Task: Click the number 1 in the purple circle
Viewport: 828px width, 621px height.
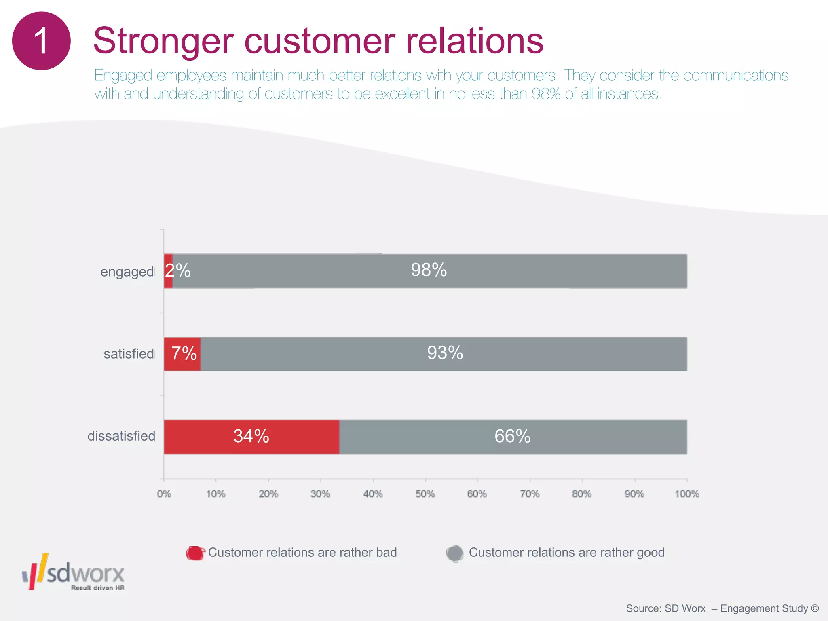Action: (x=41, y=41)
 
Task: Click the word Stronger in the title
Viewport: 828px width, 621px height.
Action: (x=163, y=41)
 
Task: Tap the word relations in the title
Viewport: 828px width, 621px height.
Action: (x=475, y=41)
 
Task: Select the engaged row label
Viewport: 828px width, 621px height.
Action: (x=127, y=272)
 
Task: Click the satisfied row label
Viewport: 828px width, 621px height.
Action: (x=129, y=354)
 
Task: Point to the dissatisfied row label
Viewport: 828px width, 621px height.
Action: (x=121, y=436)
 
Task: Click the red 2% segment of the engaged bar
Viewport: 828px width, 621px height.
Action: (x=168, y=271)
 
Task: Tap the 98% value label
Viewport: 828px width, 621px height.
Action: (x=429, y=270)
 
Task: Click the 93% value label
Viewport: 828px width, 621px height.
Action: (x=445, y=353)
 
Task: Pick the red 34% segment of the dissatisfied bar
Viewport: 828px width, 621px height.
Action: (x=251, y=437)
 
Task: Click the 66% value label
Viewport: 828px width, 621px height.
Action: (x=512, y=437)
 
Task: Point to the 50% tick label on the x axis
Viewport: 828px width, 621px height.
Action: (x=425, y=494)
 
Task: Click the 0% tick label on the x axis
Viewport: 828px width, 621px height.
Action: (x=164, y=494)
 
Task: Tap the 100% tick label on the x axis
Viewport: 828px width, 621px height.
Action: (x=686, y=494)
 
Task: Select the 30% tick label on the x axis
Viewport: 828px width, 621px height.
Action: (x=320, y=494)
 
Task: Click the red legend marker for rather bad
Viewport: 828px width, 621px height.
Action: (x=195, y=553)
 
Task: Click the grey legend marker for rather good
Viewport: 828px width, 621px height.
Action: (x=455, y=553)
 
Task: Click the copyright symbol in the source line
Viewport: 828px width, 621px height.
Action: (x=815, y=608)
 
